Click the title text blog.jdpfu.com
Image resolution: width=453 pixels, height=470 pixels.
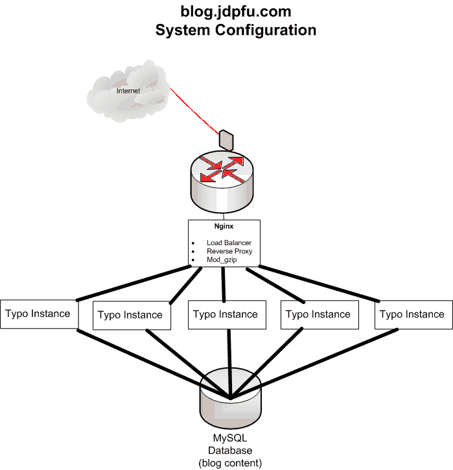(x=236, y=12)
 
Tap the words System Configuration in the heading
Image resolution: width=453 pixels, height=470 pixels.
(x=236, y=30)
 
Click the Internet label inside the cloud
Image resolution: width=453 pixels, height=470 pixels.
(x=128, y=91)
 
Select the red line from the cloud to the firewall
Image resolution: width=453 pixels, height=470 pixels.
(x=194, y=112)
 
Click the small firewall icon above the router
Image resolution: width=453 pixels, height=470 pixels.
(x=226, y=140)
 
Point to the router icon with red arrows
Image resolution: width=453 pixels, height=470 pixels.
(x=222, y=182)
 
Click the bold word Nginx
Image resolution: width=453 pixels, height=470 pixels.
(x=224, y=226)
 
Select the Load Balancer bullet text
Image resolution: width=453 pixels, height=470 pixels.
(x=229, y=242)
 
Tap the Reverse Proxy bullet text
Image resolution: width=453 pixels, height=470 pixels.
(x=229, y=251)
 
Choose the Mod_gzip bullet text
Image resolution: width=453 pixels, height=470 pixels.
(x=222, y=259)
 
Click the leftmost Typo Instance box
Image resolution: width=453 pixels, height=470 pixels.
(x=40, y=314)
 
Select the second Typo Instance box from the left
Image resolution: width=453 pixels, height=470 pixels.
(x=132, y=315)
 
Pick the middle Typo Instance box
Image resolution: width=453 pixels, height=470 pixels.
(x=227, y=314)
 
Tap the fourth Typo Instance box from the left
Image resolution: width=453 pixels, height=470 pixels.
(x=319, y=314)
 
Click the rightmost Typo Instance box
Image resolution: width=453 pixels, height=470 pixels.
(x=413, y=314)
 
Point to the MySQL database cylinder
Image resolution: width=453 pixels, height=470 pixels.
(x=231, y=399)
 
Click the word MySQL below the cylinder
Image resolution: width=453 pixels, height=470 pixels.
(x=230, y=438)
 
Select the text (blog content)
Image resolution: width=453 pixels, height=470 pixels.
(x=230, y=463)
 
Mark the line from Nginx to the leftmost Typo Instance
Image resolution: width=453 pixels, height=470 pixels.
(x=134, y=283)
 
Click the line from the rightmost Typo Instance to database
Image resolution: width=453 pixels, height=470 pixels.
(x=314, y=364)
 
